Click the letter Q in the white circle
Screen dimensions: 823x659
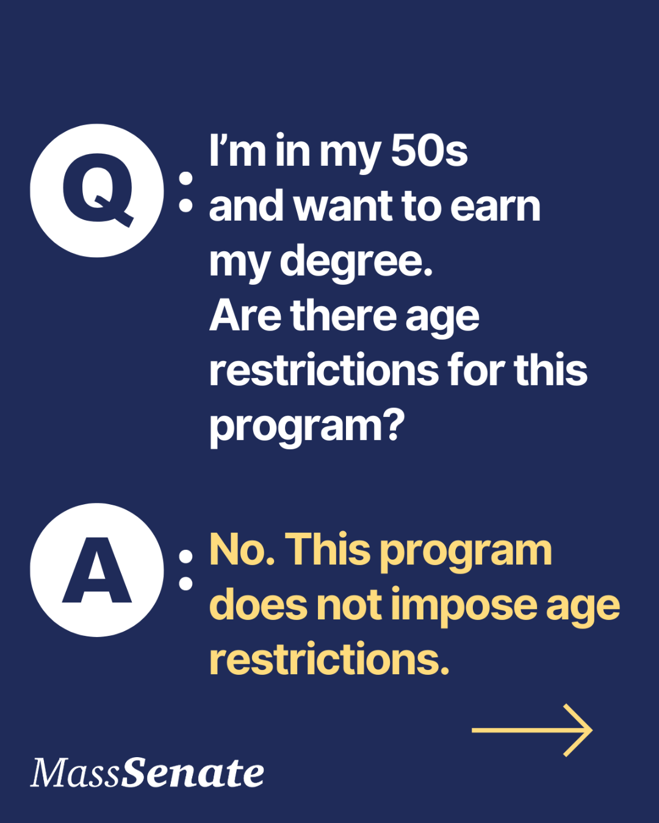[x=98, y=190]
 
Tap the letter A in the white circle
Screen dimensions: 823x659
[x=97, y=571]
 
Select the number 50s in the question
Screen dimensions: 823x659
[x=429, y=151]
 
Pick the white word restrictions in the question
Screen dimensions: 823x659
[x=324, y=370]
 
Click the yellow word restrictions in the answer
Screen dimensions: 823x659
[x=329, y=660]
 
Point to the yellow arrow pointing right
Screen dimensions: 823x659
[x=532, y=730]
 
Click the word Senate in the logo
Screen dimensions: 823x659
[x=193, y=773]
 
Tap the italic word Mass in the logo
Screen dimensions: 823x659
[x=76, y=773]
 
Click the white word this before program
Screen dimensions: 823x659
[x=550, y=370]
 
